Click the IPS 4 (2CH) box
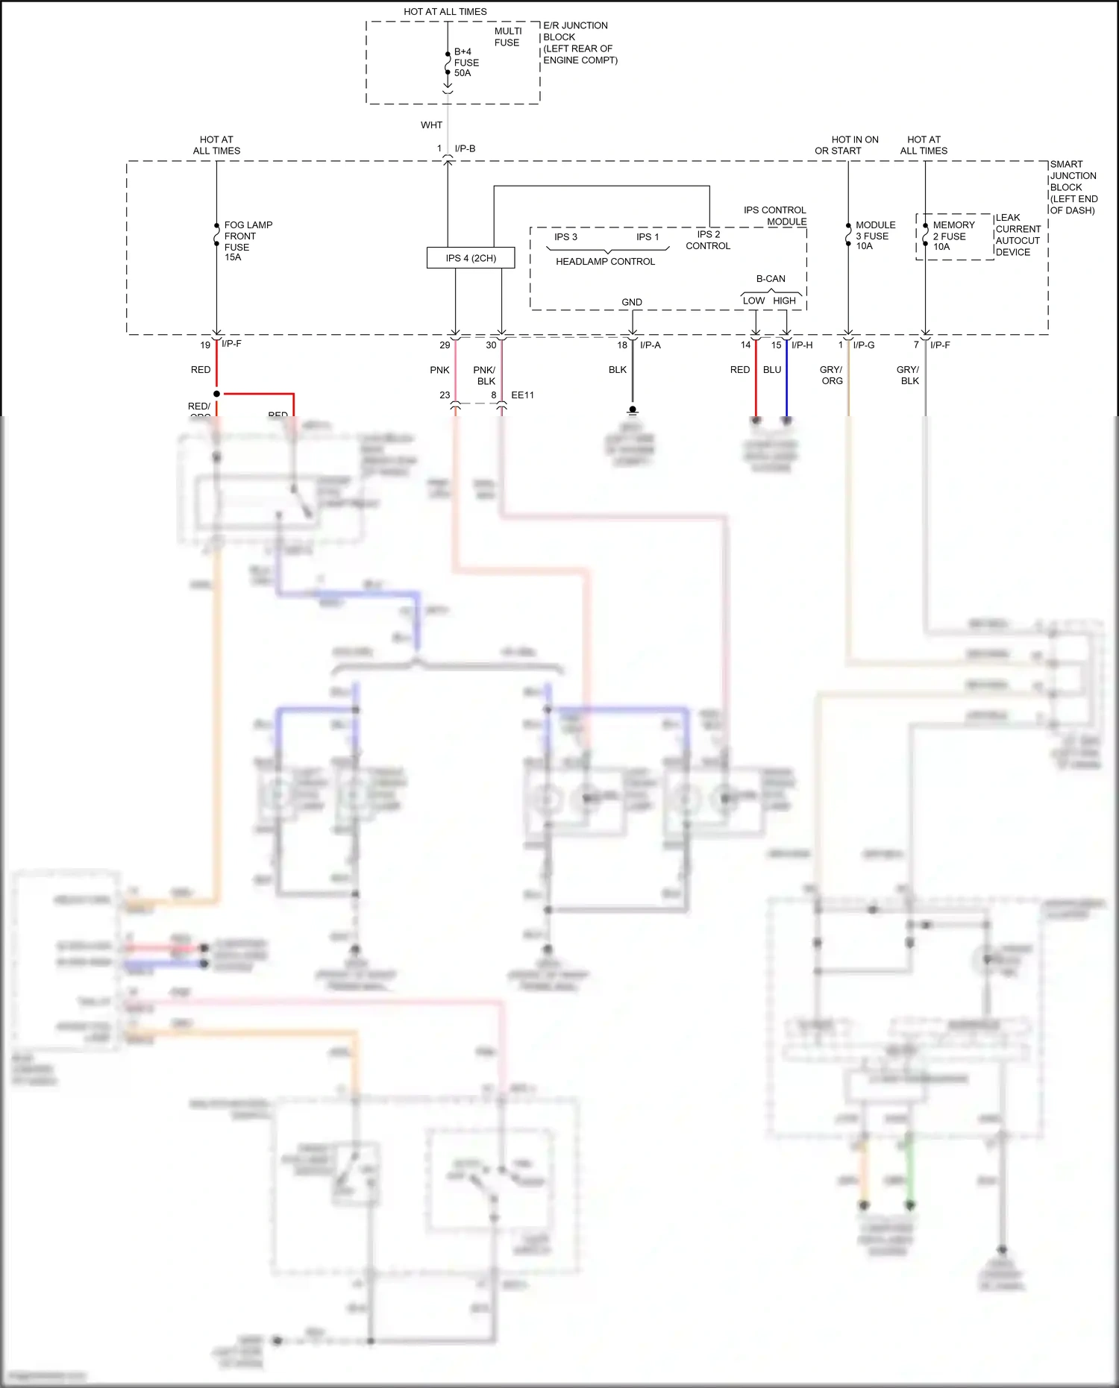tap(471, 258)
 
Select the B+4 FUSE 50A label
tap(466, 63)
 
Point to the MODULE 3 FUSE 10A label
tap(874, 236)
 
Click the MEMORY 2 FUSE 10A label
tap(953, 236)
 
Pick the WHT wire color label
tap(431, 125)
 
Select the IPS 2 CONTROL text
tap(708, 240)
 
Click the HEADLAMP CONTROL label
tap(605, 262)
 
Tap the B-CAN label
tap(771, 279)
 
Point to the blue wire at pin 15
tap(786, 380)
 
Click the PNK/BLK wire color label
tap(485, 375)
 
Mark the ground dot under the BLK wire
tap(633, 409)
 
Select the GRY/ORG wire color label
tap(831, 375)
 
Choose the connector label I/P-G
tap(864, 345)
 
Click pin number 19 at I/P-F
tap(205, 345)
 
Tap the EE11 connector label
tap(522, 395)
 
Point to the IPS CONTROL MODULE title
tap(775, 216)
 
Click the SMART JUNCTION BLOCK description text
tap(1073, 187)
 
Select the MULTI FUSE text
tap(508, 37)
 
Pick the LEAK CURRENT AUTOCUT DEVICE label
tap(1018, 235)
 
